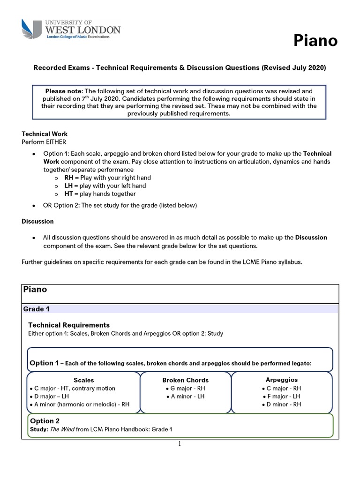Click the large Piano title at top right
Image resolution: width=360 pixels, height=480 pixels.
(x=315, y=41)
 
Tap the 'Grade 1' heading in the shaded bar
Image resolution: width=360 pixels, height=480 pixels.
(x=36, y=309)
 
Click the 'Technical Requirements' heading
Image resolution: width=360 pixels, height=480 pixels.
(x=69, y=325)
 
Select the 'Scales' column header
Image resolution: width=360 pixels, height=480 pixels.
(x=84, y=380)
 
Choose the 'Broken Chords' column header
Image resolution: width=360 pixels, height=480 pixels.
(x=186, y=380)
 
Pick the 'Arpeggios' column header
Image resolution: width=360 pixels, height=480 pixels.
(x=281, y=380)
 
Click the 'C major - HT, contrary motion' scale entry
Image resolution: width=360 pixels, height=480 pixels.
(x=74, y=388)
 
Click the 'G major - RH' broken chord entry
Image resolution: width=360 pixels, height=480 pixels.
(x=186, y=388)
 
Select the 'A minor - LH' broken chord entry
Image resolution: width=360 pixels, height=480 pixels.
(x=186, y=397)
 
